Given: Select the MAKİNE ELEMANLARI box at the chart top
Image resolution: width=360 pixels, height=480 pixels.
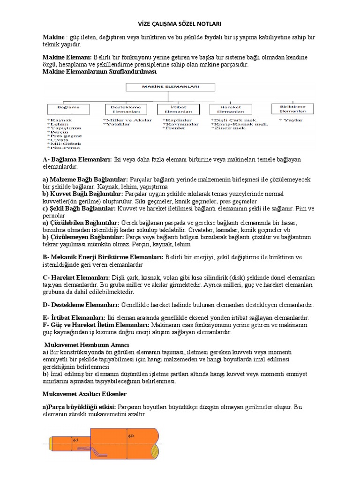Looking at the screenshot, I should tap(180, 87).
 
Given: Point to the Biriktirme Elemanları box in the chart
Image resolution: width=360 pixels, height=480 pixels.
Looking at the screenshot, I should tap(291, 109).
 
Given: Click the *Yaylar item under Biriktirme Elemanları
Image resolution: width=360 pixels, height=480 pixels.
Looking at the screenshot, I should tap(291, 120).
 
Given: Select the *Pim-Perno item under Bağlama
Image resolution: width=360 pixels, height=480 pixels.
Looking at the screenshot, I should tap(64, 147).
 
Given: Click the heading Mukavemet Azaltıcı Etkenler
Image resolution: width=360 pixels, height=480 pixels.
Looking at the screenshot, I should tap(84, 394).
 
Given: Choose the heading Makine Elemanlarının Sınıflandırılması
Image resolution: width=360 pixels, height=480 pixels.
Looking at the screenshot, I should tap(99, 72).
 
